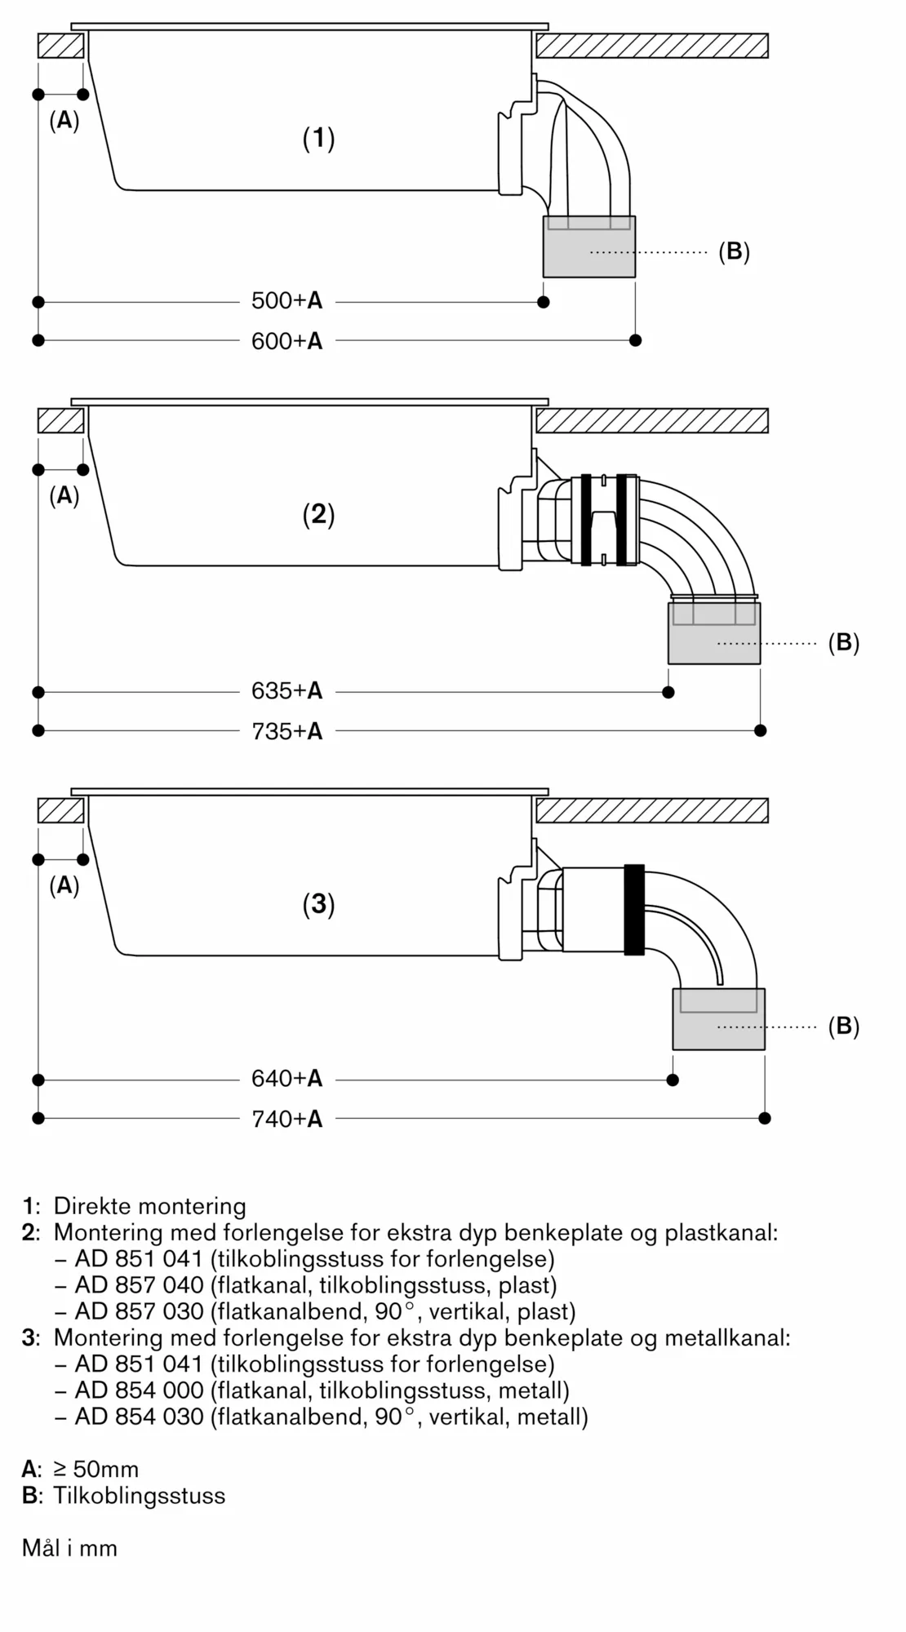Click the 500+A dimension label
[x=286, y=301]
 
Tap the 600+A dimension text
[x=286, y=340]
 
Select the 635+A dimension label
[x=286, y=691]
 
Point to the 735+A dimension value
[x=286, y=731]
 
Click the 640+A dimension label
[x=286, y=1079]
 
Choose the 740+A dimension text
[x=286, y=1119]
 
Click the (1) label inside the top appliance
[x=318, y=138]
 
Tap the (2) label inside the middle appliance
[x=318, y=514]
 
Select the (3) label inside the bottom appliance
[x=318, y=904]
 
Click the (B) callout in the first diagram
[x=733, y=252]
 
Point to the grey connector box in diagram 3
[x=718, y=1020]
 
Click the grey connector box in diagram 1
[x=588, y=248]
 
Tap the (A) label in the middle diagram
[x=64, y=496]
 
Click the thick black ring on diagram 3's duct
[x=634, y=909]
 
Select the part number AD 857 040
[x=139, y=1285]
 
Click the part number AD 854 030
[x=139, y=1417]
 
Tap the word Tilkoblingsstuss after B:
[x=139, y=1496]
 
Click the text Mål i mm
[x=69, y=1548]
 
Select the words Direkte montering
[x=149, y=1206]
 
